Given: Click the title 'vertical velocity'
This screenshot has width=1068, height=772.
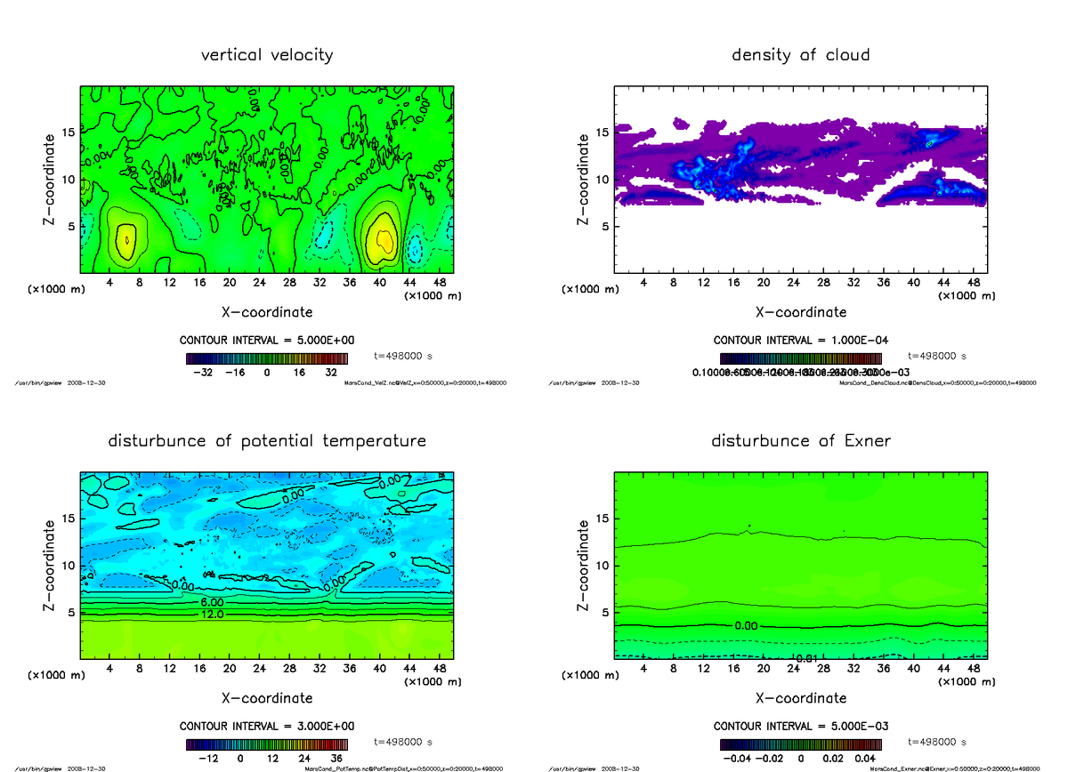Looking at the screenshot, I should pos(267,55).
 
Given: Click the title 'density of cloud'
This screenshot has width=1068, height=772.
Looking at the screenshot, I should pos(800,55).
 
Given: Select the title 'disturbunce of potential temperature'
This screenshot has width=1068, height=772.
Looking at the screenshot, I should pos(267,441).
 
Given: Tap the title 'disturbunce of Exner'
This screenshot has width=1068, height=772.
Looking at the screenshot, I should pos(800,441).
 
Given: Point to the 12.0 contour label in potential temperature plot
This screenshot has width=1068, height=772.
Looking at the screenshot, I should pos(212,615).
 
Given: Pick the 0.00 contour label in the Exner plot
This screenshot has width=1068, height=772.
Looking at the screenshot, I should pos(745,626).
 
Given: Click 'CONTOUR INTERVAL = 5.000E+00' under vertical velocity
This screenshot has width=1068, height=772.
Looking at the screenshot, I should pos(267,341).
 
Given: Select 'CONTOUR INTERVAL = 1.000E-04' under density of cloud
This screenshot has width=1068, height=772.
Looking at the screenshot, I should pos(801,341).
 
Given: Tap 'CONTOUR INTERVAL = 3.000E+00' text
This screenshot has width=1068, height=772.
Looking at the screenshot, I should pos(267,727).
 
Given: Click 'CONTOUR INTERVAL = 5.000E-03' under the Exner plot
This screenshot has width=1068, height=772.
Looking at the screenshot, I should pos(801,727).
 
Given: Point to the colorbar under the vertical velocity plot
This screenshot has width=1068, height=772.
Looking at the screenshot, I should pos(267,358).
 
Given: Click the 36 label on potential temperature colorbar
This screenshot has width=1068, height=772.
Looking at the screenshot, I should pos(336,759).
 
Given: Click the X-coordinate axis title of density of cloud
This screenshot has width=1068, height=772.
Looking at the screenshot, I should pos(801,312).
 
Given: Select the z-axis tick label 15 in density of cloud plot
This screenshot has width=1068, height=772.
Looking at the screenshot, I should pos(602,133).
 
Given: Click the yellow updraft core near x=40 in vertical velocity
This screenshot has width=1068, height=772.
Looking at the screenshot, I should pos(384,240).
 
